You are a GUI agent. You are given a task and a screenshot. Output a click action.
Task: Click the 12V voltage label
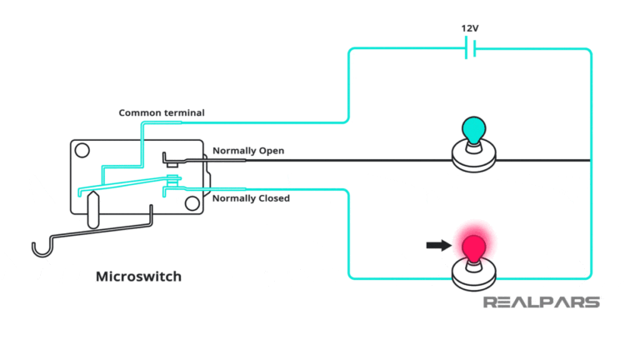[x=470, y=27]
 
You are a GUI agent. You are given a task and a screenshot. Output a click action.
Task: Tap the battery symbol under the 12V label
[x=470, y=49]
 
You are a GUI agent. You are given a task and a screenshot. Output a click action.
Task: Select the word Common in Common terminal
[x=139, y=112]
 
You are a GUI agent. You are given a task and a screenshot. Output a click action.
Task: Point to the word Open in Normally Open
[x=272, y=151]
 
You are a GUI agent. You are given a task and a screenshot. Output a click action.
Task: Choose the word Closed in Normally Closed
[x=271, y=198]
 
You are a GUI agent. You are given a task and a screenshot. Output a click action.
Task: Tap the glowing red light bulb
[x=473, y=247]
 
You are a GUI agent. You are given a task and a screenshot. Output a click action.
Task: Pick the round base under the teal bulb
[x=473, y=157]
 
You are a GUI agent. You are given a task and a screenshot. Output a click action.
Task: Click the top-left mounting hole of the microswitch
[x=82, y=151]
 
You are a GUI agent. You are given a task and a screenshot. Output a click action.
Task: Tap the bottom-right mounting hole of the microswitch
[x=192, y=202]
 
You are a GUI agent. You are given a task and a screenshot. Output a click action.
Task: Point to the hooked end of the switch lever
[x=38, y=247]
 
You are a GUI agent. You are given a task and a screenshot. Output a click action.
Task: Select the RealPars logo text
[x=542, y=302]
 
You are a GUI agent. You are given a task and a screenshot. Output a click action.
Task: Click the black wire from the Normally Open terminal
[x=375, y=159]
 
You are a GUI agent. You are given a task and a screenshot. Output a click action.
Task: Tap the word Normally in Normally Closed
[x=232, y=198]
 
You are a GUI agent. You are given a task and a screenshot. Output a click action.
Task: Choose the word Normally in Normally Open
[x=233, y=151]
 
